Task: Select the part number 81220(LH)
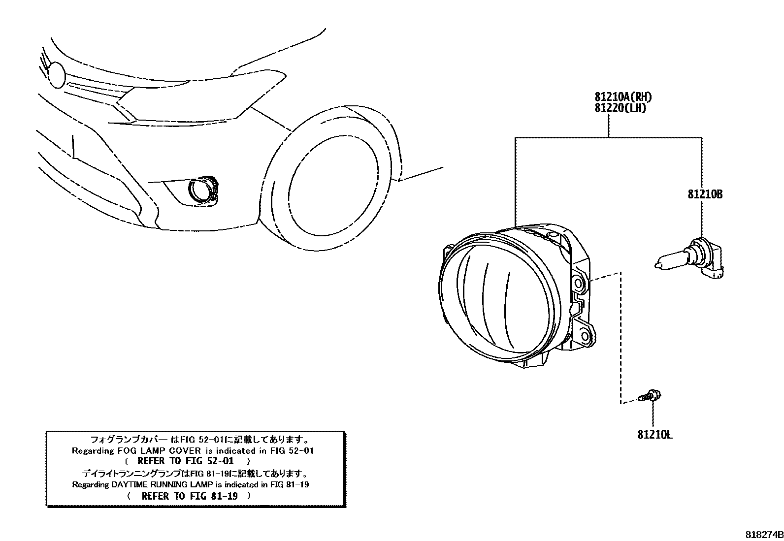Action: pos(619,108)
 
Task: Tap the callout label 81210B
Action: pos(705,194)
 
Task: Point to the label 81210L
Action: pos(655,435)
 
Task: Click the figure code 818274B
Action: pos(763,535)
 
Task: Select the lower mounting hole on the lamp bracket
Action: pos(585,336)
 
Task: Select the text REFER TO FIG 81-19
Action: pos(189,496)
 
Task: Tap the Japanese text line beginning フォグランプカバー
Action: pos(199,439)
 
